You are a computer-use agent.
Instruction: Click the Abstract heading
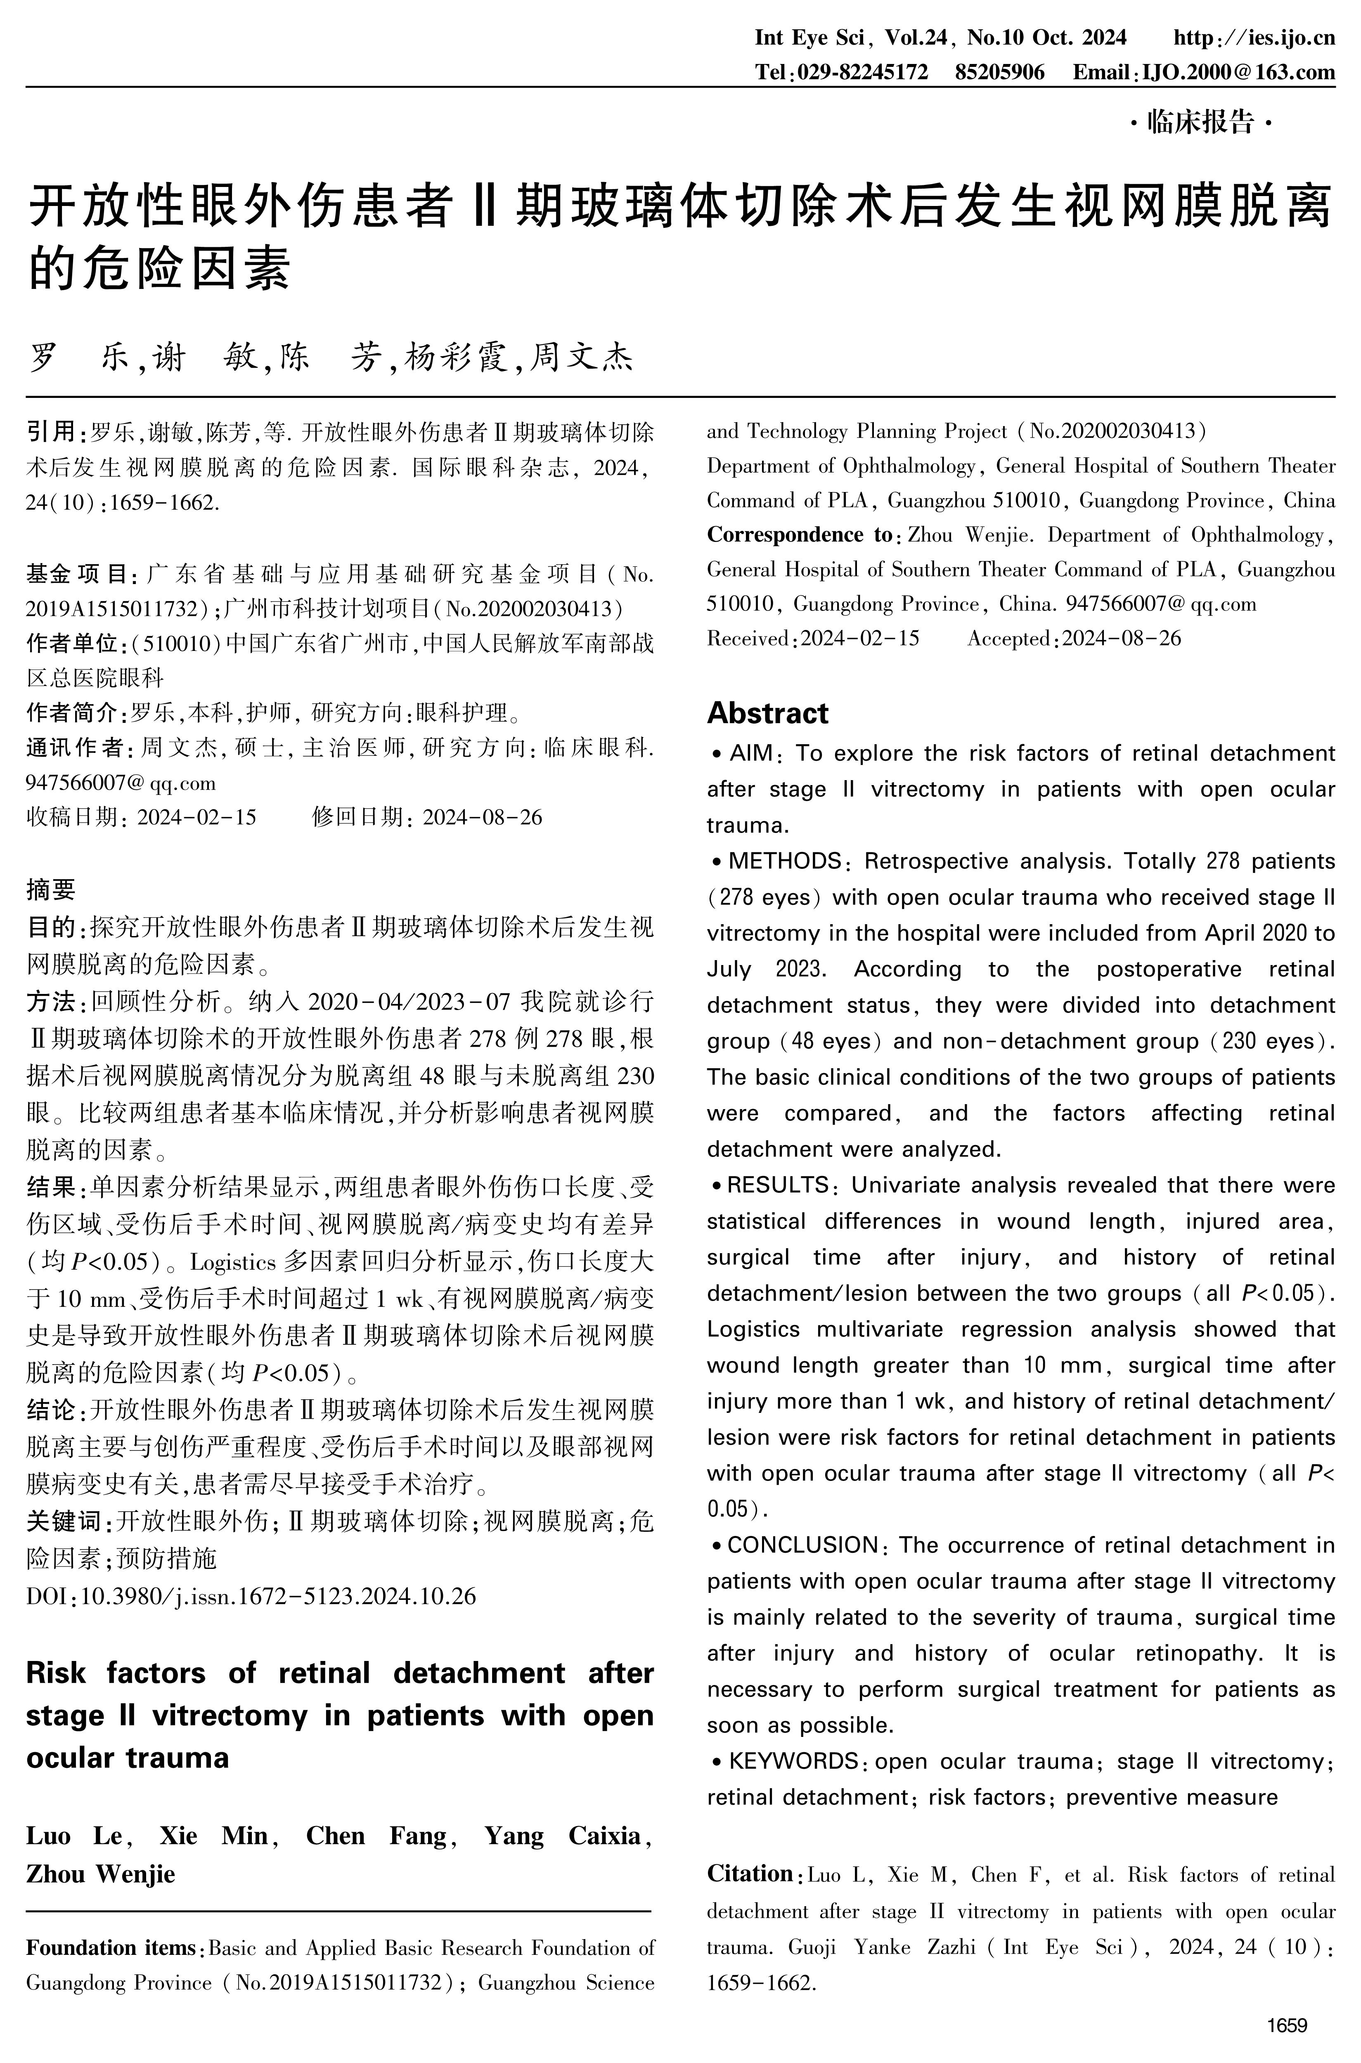(x=767, y=713)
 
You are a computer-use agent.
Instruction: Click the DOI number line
(x=252, y=1596)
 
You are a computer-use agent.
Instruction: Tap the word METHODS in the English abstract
(x=785, y=861)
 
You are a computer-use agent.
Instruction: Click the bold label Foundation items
(x=111, y=1948)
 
